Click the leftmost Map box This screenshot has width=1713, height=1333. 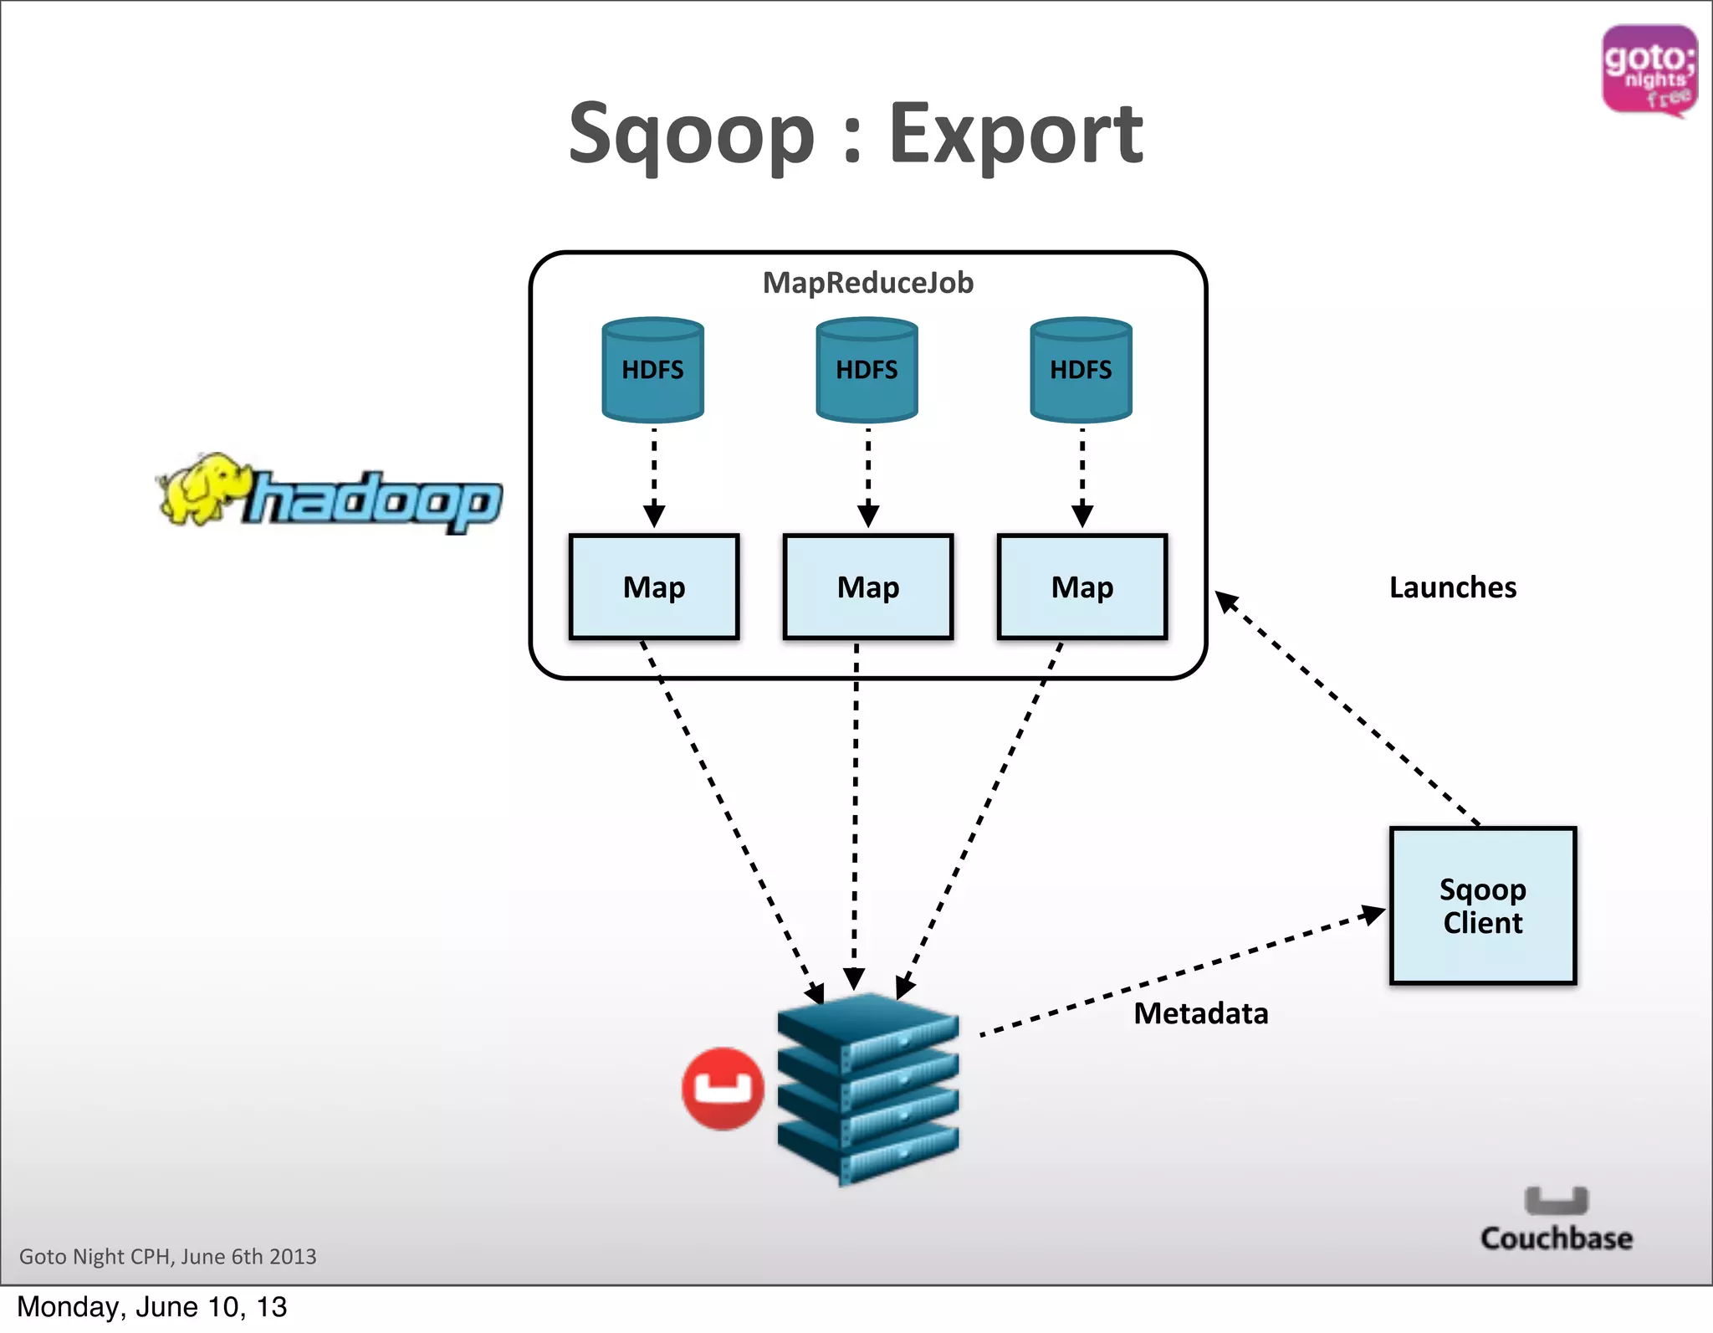(654, 587)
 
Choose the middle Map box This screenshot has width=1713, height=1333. (868, 587)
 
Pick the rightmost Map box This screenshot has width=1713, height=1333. (1082, 587)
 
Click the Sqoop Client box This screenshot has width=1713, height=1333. (1482, 905)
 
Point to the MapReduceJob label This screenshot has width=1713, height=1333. (868, 283)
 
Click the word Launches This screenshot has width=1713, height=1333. (1453, 587)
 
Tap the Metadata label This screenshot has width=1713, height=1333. (1201, 1013)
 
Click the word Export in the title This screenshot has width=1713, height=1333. (1015, 134)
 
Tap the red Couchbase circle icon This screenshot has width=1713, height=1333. (723, 1089)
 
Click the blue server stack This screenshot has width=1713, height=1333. (867, 1088)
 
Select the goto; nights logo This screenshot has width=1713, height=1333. (1649, 70)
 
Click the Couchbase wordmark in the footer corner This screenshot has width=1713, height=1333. (1556, 1238)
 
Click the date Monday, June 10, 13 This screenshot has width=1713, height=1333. (151, 1307)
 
